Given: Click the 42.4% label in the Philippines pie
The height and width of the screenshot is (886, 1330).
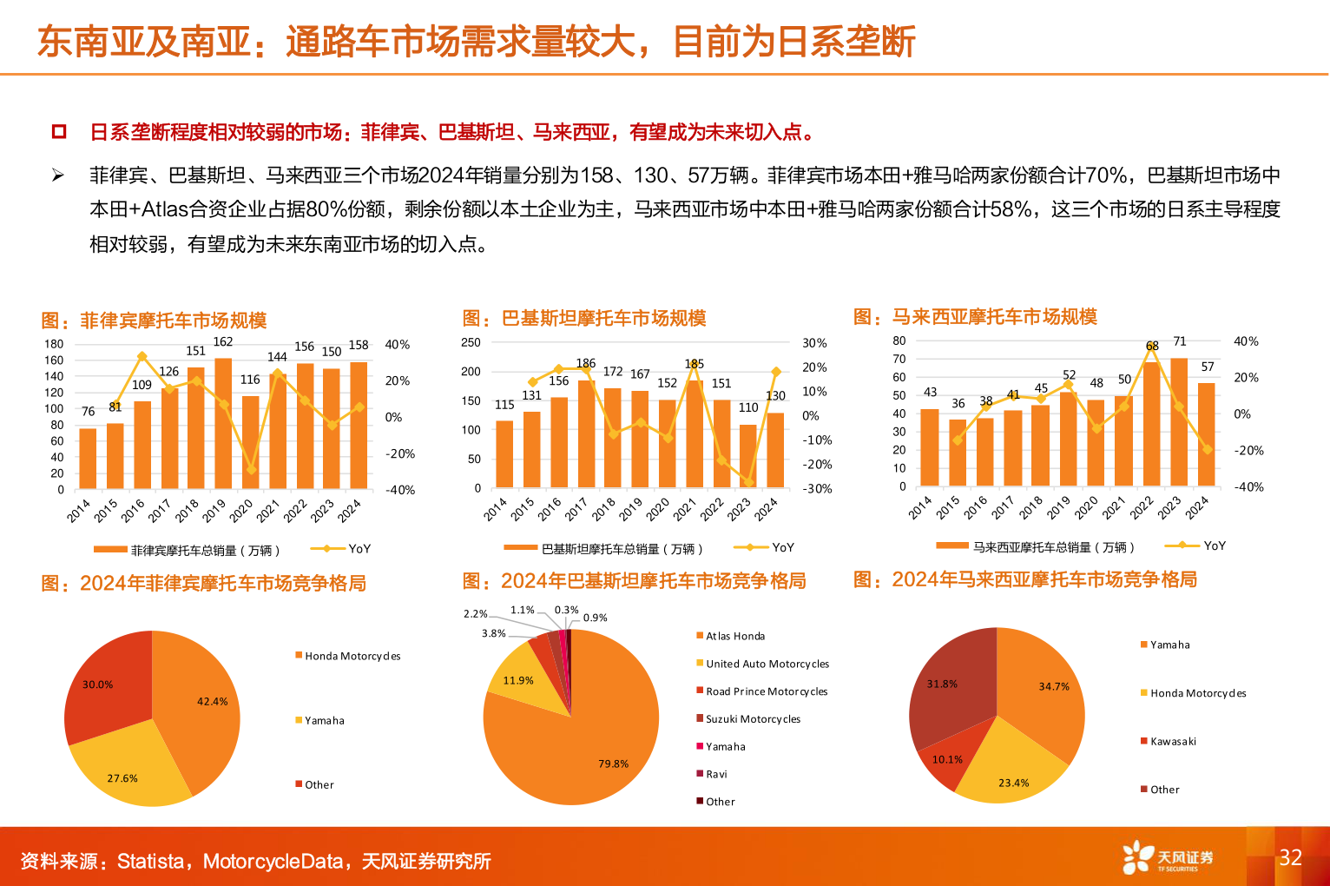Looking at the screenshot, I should point(212,702).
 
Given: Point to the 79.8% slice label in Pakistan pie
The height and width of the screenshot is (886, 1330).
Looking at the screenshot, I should point(613,764).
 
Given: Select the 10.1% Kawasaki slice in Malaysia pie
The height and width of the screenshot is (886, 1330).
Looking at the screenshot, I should point(947,759).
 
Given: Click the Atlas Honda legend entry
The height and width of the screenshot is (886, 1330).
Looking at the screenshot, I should point(734,637).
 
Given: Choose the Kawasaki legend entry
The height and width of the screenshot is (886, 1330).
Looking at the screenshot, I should point(1172,742).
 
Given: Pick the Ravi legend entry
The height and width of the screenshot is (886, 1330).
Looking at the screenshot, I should point(716,774).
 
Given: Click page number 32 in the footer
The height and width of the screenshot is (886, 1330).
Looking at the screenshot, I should point(1290,858).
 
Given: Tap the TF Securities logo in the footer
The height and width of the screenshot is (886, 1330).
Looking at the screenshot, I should point(1168,857).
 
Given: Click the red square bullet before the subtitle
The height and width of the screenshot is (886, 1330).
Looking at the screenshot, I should point(59,132).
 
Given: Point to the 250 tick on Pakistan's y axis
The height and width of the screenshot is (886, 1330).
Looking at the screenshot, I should point(471,343).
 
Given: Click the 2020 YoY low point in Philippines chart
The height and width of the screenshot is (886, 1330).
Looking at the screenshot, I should point(251,469).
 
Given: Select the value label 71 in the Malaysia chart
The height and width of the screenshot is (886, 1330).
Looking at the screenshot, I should point(1179,341).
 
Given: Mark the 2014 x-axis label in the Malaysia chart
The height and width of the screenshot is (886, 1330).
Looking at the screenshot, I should point(920,507).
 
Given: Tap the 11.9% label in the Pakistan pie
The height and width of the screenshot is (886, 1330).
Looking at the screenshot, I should point(518,681).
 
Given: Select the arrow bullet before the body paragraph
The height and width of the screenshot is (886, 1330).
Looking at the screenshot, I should point(58,176).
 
